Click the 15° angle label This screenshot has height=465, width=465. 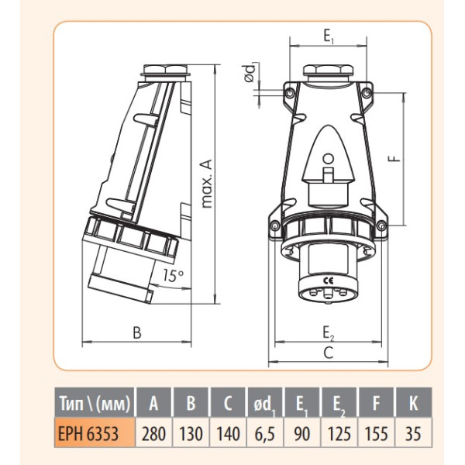(x=174, y=275)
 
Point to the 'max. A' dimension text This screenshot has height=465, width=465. (x=207, y=184)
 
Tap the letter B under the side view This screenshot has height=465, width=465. (x=137, y=332)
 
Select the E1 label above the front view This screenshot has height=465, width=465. (x=328, y=36)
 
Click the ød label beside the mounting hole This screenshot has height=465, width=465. (x=250, y=73)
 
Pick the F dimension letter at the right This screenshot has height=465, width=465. (x=394, y=159)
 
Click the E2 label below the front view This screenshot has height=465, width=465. (x=329, y=332)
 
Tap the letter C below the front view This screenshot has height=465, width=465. (x=329, y=353)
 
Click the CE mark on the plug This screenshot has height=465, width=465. (x=329, y=281)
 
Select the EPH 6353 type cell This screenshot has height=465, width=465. (x=95, y=433)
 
